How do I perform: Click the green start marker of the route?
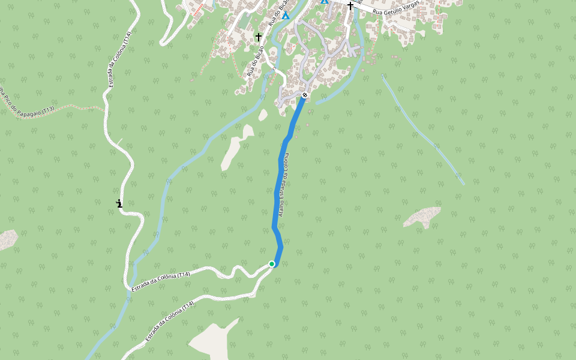[272, 264]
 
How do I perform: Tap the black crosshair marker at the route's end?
[305, 95]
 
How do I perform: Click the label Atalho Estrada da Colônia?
[285, 185]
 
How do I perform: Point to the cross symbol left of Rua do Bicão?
[259, 37]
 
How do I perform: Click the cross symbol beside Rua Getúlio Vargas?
[350, 6]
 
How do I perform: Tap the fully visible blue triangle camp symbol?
[286, 15]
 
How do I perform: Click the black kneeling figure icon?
[119, 203]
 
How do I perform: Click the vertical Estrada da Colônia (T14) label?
[119, 60]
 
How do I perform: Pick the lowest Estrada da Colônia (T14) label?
[170, 322]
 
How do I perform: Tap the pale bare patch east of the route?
[424, 217]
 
